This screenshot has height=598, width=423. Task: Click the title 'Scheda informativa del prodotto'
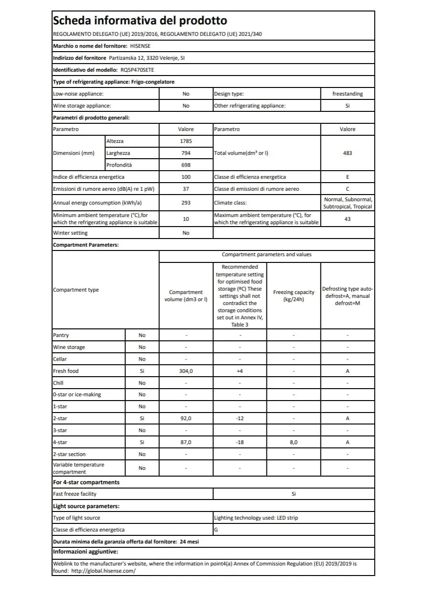[140, 21]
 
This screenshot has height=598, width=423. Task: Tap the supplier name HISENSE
[140, 46]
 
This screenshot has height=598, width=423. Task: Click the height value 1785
[186, 141]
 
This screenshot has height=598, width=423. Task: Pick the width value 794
[186, 153]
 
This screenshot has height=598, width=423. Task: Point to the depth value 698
[186, 165]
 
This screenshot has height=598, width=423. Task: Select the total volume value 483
[347, 153]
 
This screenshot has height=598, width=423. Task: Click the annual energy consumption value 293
[186, 203]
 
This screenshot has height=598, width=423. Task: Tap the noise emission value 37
[186, 189]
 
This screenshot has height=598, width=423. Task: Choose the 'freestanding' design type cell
[347, 94]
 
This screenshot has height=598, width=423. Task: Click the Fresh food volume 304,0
[186, 371]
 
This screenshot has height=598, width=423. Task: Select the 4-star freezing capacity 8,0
[293, 442]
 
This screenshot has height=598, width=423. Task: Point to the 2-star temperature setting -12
[240, 418]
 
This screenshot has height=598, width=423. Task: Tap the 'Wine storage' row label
[69, 347]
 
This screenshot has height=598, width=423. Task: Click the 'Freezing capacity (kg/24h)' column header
[293, 295]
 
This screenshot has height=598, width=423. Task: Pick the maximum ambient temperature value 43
[347, 219]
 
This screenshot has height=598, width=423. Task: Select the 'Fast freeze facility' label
[74, 494]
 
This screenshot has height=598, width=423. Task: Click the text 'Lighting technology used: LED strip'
[256, 518]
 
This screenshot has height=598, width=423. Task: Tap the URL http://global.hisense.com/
[103, 571]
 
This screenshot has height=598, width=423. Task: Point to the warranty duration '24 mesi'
[190, 542]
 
